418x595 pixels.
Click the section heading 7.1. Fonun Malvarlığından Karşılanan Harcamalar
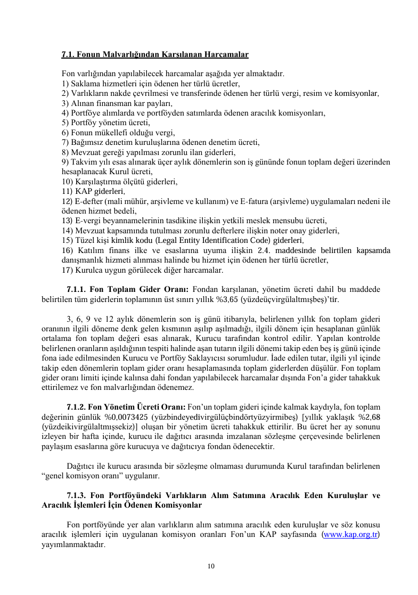coord(155,54)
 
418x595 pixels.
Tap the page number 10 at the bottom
coord(211,566)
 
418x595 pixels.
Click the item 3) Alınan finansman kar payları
coord(117,103)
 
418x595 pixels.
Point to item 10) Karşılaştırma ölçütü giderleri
coord(119,182)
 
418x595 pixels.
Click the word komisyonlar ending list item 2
coord(356,93)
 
